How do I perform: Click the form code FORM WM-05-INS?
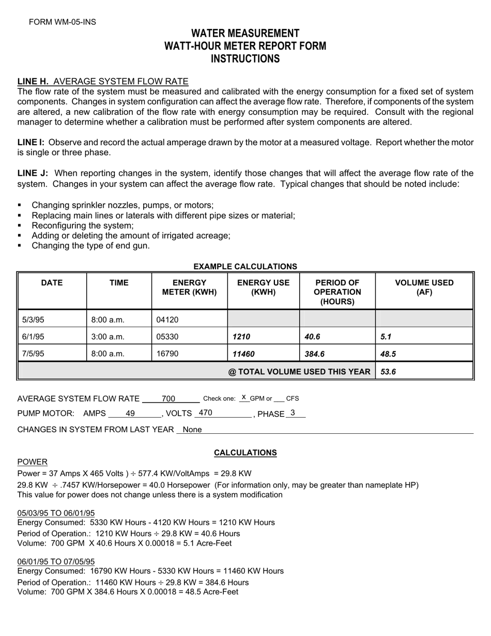click(62, 22)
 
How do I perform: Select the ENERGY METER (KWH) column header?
click(189, 287)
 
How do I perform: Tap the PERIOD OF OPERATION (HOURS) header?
click(337, 292)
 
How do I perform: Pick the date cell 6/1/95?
click(33, 337)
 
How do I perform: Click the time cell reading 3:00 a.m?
click(108, 337)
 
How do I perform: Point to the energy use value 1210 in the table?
click(241, 337)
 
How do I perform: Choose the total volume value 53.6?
click(388, 372)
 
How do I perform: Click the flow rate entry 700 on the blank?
click(168, 398)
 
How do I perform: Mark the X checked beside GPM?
click(244, 397)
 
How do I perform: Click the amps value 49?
click(130, 413)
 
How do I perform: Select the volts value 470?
click(206, 413)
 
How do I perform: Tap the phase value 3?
click(293, 413)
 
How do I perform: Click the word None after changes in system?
click(192, 430)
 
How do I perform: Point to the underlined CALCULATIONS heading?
click(245, 453)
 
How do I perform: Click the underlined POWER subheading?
click(33, 462)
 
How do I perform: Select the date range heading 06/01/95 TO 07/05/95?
click(56, 562)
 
